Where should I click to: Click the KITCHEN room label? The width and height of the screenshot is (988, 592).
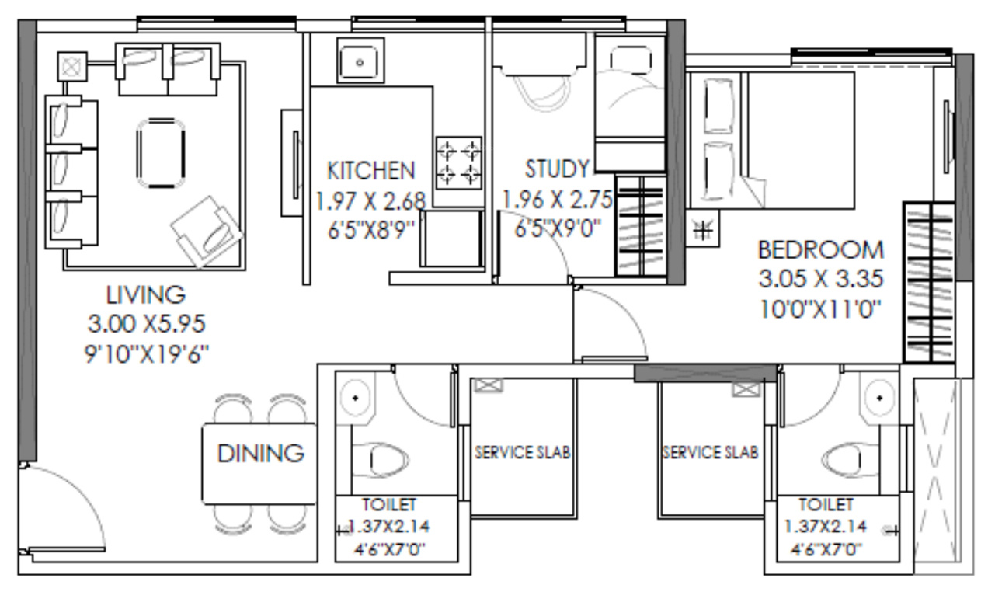(370, 170)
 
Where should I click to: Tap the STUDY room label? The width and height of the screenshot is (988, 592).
(558, 169)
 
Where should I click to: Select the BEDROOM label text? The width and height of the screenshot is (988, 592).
(820, 250)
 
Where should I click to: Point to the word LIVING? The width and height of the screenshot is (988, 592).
(146, 295)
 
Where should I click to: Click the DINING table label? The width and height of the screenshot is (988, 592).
(259, 453)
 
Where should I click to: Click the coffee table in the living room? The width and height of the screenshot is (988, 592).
(161, 153)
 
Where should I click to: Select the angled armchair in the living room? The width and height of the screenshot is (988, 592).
(205, 228)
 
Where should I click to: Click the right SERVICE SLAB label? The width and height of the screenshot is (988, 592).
(710, 452)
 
